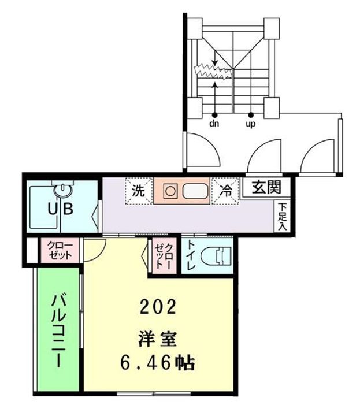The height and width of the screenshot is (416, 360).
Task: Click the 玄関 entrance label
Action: [266, 187]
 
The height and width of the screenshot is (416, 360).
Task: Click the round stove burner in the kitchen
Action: [170, 191]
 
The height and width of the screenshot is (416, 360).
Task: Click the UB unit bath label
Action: [60, 209]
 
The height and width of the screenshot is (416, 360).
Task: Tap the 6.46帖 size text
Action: [157, 363]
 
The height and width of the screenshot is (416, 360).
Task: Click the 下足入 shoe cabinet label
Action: [282, 217]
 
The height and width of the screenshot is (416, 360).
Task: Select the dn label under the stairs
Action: [214, 123]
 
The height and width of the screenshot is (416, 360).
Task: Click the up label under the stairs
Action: [251, 123]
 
